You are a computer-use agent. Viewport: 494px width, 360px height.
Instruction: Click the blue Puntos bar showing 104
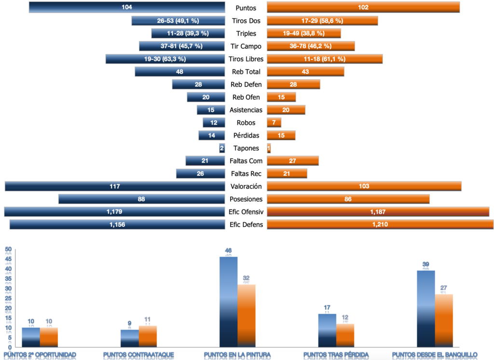coord(127,7)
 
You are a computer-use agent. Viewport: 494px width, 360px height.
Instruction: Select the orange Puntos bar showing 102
coord(363,7)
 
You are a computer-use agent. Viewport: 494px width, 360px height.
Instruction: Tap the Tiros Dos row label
coord(246,21)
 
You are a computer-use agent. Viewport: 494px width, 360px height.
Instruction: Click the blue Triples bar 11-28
coord(188,33)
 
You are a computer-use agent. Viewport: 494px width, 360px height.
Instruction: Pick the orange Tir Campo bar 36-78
coord(310,46)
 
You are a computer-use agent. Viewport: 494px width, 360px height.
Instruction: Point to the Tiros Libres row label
coord(246,59)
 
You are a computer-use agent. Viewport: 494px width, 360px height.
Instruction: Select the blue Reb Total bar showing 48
coord(180,72)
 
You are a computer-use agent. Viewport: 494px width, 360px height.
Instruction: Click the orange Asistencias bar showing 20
coord(286,110)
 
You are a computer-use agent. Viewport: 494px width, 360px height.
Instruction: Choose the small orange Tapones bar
coord(269,148)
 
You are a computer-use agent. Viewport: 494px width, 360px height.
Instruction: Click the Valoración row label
coord(246,186)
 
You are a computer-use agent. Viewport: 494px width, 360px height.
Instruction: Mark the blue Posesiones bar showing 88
coord(142,199)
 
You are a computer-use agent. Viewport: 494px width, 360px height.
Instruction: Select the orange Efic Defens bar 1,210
coord(380,224)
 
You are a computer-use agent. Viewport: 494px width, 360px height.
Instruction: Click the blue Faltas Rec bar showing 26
coord(201,174)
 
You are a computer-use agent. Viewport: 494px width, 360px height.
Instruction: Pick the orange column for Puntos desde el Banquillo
coord(444,320)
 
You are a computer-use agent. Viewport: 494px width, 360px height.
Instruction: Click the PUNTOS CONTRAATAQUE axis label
coord(138,355)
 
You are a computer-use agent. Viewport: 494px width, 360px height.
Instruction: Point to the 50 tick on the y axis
coord(8,249)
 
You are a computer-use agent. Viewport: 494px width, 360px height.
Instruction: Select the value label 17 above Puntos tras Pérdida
coord(327,307)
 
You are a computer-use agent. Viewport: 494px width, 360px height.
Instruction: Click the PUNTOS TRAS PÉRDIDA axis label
coord(336,355)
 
